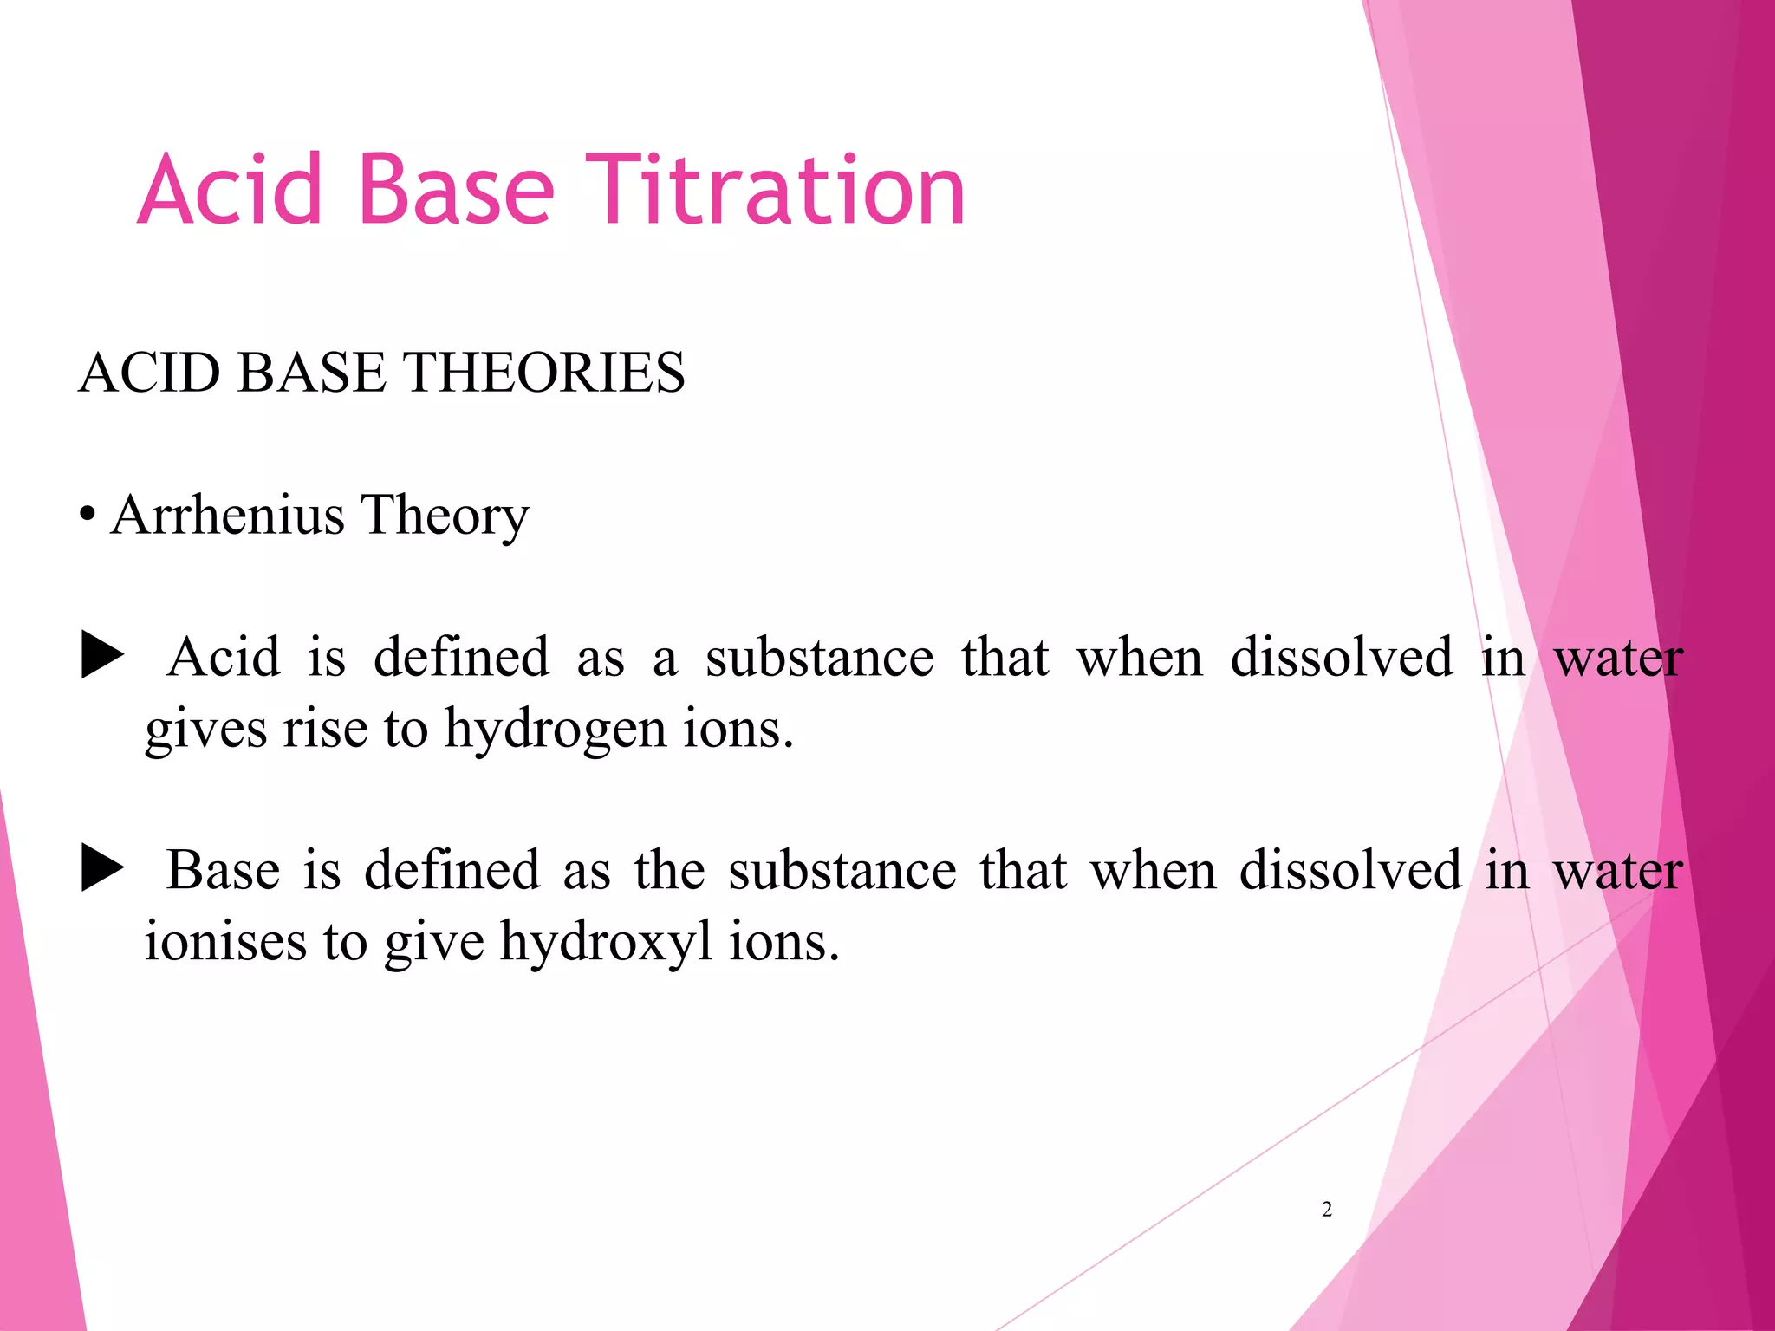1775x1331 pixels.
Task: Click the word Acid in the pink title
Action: click(230, 191)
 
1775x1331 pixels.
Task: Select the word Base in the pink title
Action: click(455, 191)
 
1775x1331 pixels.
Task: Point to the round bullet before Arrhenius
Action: click(87, 516)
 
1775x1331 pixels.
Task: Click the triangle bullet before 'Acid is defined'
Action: click(102, 656)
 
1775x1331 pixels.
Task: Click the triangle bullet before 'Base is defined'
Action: click(102, 869)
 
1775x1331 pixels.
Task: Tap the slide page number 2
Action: click(1327, 1210)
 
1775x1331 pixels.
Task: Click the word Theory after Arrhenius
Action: click(444, 516)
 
